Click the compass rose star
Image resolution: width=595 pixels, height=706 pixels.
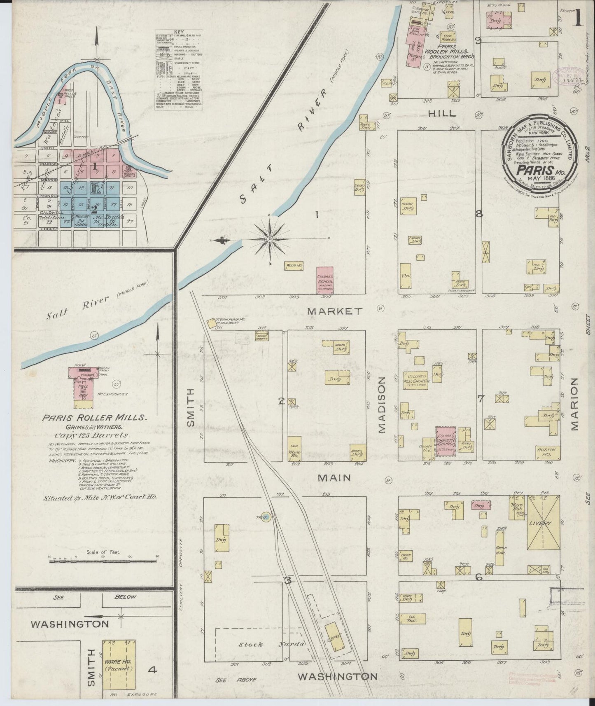click(270, 239)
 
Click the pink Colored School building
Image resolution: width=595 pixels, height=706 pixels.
click(324, 282)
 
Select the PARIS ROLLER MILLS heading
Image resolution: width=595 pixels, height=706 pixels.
click(94, 418)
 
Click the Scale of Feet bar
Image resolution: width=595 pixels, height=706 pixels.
click(103, 558)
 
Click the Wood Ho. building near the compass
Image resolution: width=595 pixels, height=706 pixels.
click(294, 266)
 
